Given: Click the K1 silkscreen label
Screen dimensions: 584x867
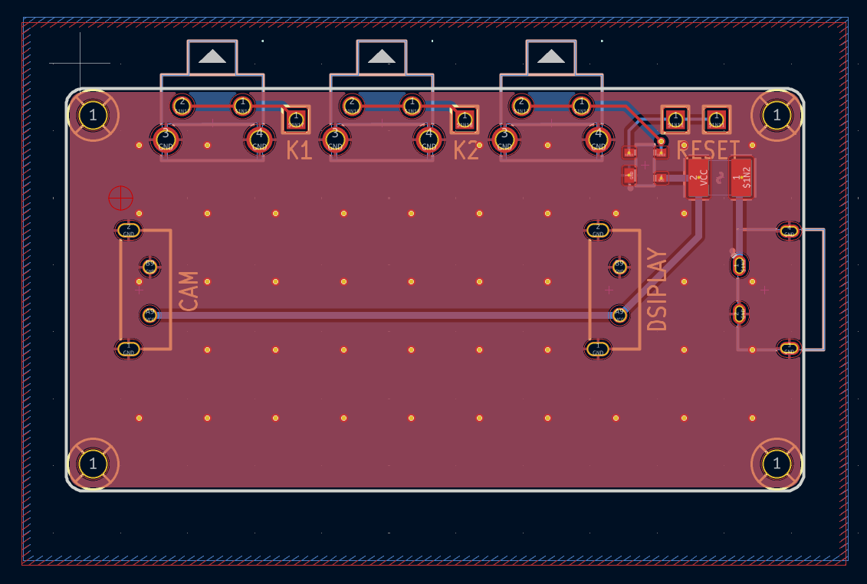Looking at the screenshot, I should pos(299,150).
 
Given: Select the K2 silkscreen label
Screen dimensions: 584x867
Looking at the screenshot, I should pos(466,150).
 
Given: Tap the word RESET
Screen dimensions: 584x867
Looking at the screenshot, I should pos(708,149).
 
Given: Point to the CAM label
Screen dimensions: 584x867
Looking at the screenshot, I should pos(189,290).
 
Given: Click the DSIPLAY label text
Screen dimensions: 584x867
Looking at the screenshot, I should pos(657,290).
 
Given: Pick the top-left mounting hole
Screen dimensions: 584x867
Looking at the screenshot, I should pos(94,116).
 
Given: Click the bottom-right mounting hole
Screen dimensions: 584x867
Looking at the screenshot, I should pos(777,464).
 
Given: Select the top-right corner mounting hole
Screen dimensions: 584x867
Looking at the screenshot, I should pos(777,116).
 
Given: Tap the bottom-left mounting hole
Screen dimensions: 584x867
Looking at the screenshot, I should pos(94,464).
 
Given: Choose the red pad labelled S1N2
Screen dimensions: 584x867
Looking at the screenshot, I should pos(741,179).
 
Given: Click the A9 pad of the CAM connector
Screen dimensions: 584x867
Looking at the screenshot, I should pos(149,314).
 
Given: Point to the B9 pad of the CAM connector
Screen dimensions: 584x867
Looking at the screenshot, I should pos(149,267).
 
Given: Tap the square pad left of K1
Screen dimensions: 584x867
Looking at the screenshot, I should pos(296,119).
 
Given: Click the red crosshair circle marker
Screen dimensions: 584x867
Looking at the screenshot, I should pos(120,198).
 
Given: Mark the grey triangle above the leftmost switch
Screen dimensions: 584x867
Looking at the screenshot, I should pos(212,56).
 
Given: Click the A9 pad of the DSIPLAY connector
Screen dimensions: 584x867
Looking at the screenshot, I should pos(619,314).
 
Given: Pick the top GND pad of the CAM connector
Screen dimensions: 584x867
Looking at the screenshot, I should pos(128,229).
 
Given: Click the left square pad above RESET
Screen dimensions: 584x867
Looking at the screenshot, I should pos(675,119).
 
